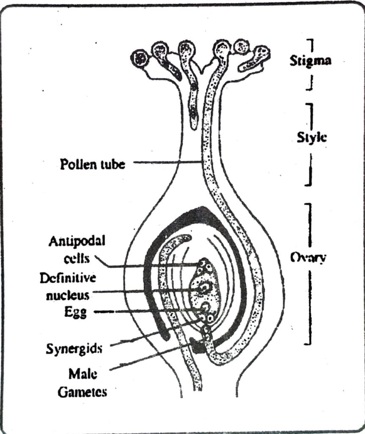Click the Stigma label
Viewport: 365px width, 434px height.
[310, 61]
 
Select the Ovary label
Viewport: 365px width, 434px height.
[307, 257]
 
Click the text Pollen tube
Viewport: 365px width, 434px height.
[92, 164]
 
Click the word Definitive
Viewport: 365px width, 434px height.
[68, 278]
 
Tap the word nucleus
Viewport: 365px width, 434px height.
[68, 295]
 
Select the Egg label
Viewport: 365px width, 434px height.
[76, 313]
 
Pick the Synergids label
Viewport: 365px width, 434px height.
[74, 349]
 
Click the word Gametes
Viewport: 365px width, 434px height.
[82, 392]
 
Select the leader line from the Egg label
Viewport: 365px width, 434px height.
[148, 312]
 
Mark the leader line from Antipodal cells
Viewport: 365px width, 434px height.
[148, 266]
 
